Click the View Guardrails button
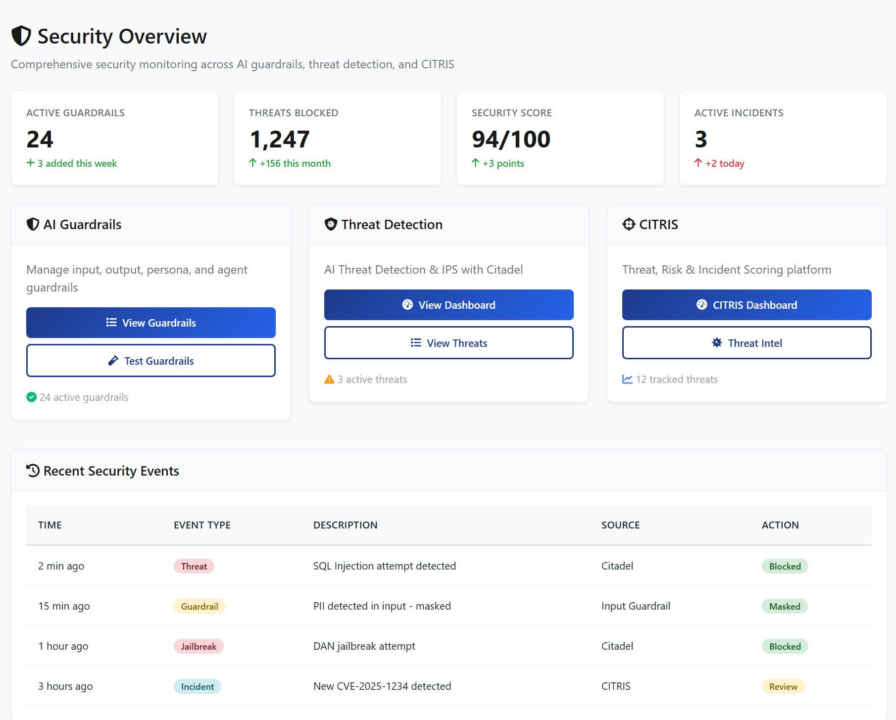click(x=151, y=323)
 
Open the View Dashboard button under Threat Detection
click(x=448, y=305)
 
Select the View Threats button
click(x=448, y=343)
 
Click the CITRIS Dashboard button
click(x=747, y=305)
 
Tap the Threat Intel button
click(x=747, y=343)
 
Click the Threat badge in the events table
click(x=194, y=566)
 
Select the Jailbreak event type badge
click(x=199, y=646)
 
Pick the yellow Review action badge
click(x=783, y=686)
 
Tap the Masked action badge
click(x=785, y=606)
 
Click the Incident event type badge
click(x=198, y=686)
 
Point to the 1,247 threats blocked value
click(x=280, y=139)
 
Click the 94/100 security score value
click(x=511, y=139)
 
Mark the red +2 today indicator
click(x=720, y=163)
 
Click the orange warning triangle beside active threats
click(x=329, y=380)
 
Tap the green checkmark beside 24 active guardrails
click(x=32, y=397)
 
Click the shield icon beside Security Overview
click(x=21, y=36)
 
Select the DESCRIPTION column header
click(x=345, y=525)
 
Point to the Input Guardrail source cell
click(x=636, y=606)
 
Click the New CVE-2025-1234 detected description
click(x=382, y=686)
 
